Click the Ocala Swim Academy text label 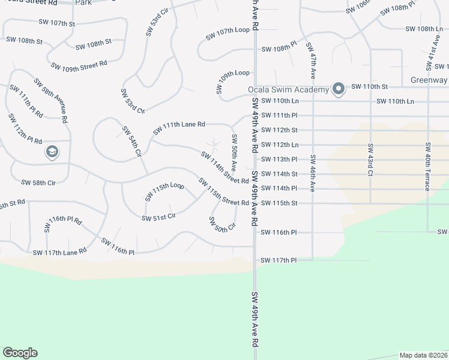tap(289, 90)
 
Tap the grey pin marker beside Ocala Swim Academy tap(338, 89)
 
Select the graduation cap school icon tap(52, 152)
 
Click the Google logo tap(20, 353)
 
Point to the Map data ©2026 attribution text tap(424, 355)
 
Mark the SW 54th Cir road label tap(131, 142)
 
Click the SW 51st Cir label tap(158, 217)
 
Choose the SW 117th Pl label tap(279, 260)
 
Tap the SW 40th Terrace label tap(427, 167)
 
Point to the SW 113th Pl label tap(279, 160)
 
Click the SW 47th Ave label tap(311, 61)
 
